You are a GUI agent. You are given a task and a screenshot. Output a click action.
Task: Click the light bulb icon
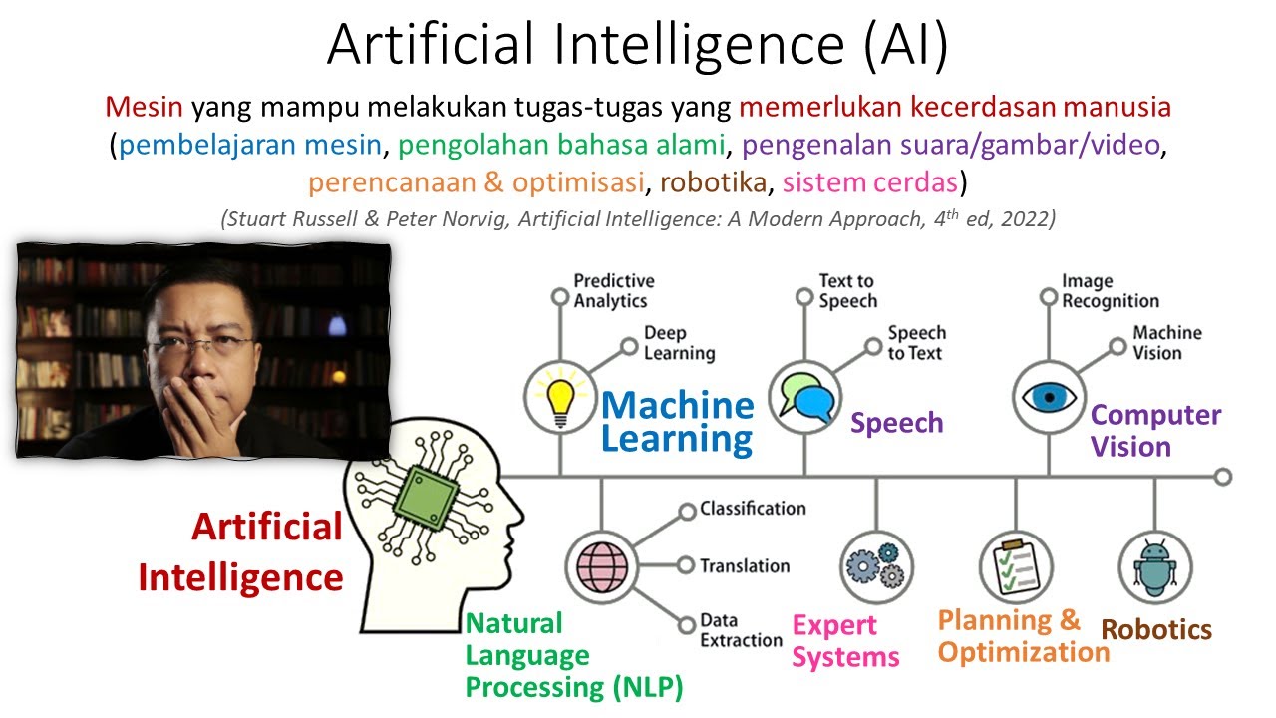pos(560,401)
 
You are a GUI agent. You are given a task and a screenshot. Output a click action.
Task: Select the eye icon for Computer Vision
pos(1049,397)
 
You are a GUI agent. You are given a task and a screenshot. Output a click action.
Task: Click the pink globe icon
pos(602,567)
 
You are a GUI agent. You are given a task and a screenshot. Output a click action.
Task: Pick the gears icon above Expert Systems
pos(876,566)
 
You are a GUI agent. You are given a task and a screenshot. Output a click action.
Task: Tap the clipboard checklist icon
pos(1016,566)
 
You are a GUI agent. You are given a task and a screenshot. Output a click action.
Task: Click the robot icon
pos(1155,568)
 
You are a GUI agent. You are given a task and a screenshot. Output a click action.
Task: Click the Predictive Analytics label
pos(614,290)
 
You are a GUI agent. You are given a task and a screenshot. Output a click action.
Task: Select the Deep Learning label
pos(680,343)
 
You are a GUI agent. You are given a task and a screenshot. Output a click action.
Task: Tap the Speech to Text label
pos(917,343)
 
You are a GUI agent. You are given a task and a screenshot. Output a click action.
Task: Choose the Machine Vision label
pos(1167,343)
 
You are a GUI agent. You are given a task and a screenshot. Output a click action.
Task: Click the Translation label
pos(745,565)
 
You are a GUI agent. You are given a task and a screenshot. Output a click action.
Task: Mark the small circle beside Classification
pos(688,512)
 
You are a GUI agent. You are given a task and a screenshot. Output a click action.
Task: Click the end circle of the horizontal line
pos(1223,477)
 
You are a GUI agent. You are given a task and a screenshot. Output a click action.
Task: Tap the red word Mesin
pos(145,107)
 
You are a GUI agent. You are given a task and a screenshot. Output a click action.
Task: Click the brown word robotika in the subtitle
pos(713,182)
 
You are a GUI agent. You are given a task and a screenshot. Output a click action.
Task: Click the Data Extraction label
pos(741,630)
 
